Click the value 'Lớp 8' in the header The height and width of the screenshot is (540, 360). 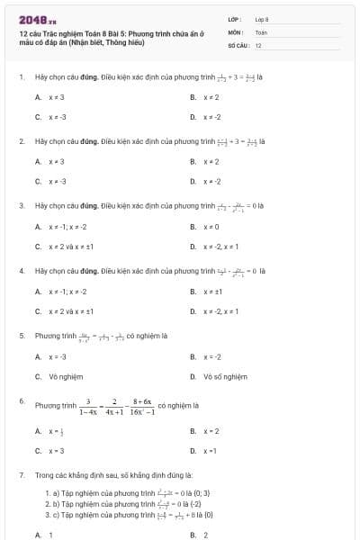[262, 18]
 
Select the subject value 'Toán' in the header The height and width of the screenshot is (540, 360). [261, 31]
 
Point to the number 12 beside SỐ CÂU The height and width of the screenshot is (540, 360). [258, 44]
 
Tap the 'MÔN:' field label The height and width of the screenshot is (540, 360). [236, 31]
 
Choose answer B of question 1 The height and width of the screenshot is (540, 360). [211, 97]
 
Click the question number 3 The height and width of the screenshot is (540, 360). [21, 205]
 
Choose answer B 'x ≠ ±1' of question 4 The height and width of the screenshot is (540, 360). [214, 291]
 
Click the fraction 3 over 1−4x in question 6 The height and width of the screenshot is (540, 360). [89, 406]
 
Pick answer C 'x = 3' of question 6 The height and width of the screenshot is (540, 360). [56, 450]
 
